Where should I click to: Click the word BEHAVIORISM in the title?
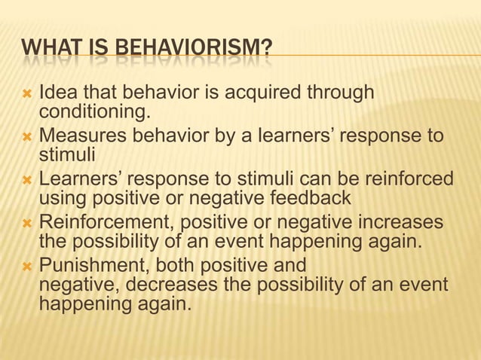[x=185, y=52]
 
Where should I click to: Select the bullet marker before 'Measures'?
[x=28, y=139]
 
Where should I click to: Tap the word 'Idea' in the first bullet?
[x=56, y=94]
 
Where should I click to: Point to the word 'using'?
[x=61, y=200]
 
